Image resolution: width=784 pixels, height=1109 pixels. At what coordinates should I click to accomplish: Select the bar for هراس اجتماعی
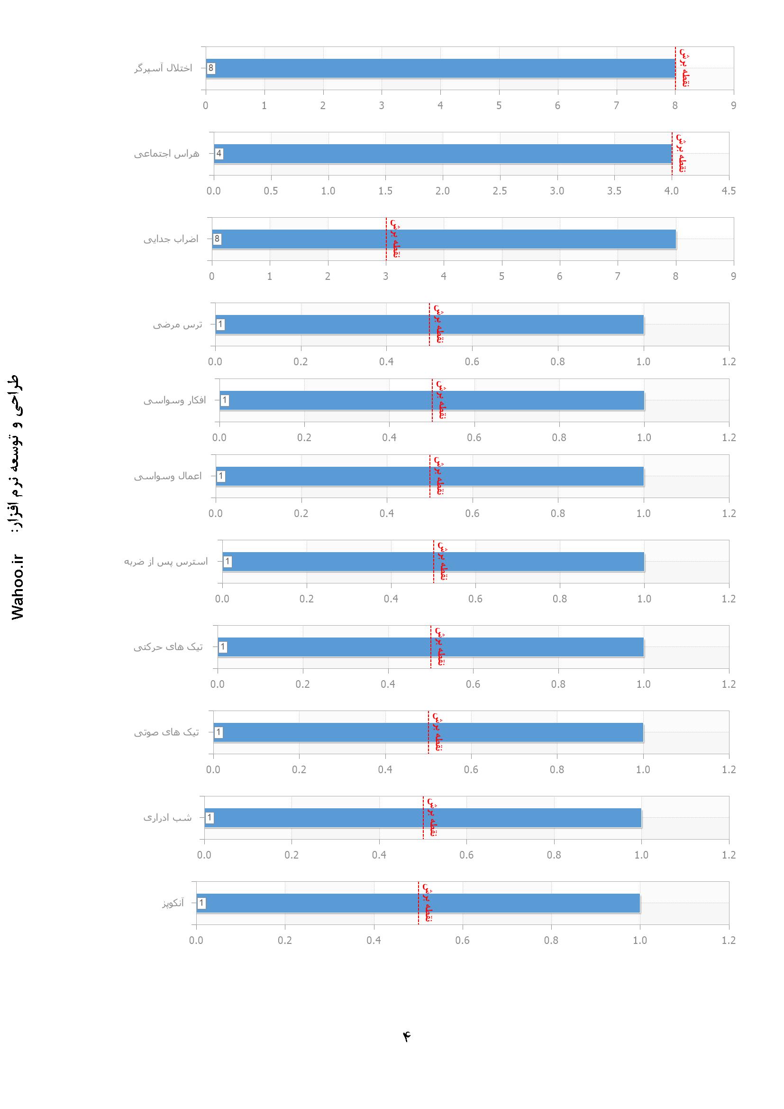[x=442, y=154]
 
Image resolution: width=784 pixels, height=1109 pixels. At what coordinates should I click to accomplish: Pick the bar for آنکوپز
[x=418, y=903]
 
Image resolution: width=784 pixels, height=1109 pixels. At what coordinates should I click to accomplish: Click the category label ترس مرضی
[x=178, y=324]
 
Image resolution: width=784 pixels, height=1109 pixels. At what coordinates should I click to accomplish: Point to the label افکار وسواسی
[x=175, y=400]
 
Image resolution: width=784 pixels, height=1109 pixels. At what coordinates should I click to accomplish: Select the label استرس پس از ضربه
[x=166, y=562]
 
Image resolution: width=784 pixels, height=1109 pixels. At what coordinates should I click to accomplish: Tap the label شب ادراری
[x=167, y=818]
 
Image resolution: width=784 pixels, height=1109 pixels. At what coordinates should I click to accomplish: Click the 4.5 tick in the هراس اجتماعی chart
[x=729, y=191]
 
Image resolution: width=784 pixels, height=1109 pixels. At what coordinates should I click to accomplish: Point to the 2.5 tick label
[x=500, y=191]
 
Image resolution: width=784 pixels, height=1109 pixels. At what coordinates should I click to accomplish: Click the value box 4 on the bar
[x=219, y=154]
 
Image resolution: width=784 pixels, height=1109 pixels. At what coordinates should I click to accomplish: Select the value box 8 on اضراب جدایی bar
[x=217, y=239]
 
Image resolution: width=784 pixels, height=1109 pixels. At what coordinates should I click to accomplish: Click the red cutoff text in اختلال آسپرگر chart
[x=684, y=68]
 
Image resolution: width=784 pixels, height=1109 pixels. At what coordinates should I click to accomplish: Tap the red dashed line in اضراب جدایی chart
[x=386, y=256]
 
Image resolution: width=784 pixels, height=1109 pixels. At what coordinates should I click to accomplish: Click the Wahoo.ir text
[x=18, y=587]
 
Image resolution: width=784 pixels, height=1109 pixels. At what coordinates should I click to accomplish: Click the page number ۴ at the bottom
[x=407, y=1036]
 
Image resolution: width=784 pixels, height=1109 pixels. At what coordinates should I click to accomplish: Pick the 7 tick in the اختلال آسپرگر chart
[x=617, y=106]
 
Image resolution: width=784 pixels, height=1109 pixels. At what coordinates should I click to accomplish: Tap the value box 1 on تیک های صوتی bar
[x=218, y=733]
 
